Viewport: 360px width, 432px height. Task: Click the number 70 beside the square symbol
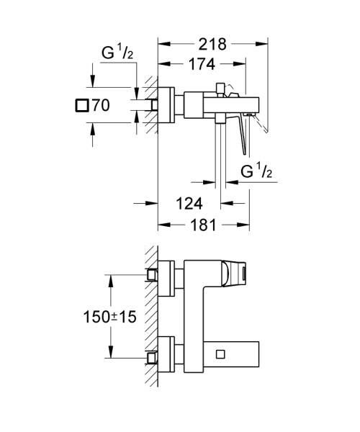pos(101,106)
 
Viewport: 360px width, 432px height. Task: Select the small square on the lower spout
pos(220,354)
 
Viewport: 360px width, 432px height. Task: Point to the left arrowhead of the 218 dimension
pos(161,44)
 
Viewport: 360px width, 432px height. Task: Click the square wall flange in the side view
pos(166,104)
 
